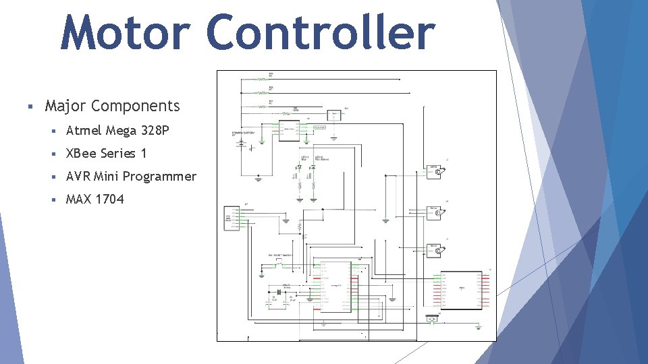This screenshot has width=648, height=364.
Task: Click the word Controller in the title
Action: (x=321, y=32)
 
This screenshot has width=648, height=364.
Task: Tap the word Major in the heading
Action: (x=65, y=106)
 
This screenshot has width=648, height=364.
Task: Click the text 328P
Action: (x=155, y=130)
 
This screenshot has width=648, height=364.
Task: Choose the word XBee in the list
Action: (x=81, y=153)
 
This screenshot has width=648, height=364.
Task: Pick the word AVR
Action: (x=78, y=177)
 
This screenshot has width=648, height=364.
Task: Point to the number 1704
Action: (x=110, y=199)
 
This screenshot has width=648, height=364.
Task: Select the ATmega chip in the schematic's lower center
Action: (x=335, y=286)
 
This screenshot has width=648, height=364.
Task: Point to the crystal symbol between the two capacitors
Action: (x=277, y=291)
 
